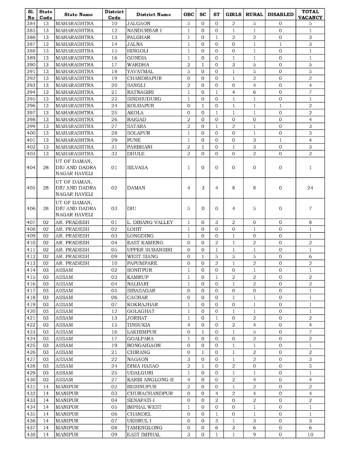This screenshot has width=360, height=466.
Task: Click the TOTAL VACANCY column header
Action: [x=310, y=15]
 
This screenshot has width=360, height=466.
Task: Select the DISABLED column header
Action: [x=280, y=15]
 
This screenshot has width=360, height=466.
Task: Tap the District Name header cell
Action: [x=153, y=15]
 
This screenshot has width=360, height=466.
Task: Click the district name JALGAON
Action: [x=139, y=24]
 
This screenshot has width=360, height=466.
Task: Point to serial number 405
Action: [x=31, y=188]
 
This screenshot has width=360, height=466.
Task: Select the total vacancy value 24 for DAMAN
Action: [x=310, y=188]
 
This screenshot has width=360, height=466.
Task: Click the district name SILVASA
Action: [x=137, y=167]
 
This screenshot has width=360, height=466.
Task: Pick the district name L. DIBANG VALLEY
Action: [x=150, y=222]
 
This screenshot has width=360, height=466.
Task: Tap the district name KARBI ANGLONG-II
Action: [x=150, y=380]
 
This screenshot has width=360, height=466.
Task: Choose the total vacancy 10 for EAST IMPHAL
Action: [x=310, y=435]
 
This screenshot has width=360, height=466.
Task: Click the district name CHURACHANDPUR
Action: [x=150, y=393]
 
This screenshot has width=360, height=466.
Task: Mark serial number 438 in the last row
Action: [x=31, y=435]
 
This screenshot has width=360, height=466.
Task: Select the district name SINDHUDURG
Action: [x=144, y=99]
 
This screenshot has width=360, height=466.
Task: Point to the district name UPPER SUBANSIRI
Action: [x=150, y=250]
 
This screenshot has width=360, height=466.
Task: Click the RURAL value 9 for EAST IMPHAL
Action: [x=254, y=435]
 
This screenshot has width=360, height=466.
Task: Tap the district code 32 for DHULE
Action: [x=114, y=154]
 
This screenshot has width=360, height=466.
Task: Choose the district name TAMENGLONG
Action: [x=144, y=428]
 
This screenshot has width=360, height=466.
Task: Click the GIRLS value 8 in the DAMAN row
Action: [x=233, y=188]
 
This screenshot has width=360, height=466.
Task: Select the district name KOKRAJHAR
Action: [x=142, y=304]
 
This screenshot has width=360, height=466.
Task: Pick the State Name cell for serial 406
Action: [x=76, y=209]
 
